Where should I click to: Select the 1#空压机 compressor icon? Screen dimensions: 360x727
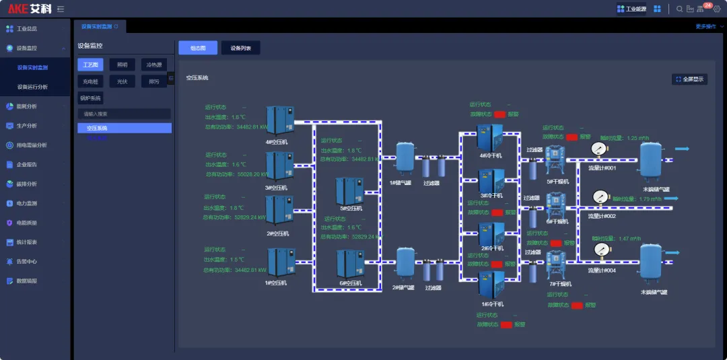pyautogui.click(x=280, y=262)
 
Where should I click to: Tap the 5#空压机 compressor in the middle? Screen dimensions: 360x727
pyautogui.click(x=350, y=190)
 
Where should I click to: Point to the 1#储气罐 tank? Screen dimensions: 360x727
pyautogui.click(x=405, y=157)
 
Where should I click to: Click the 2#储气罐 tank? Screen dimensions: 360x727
pyautogui.click(x=405, y=262)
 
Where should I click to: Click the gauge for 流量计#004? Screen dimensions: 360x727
pyautogui.click(x=599, y=250)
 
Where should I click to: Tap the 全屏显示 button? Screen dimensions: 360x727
pyautogui.click(x=689, y=79)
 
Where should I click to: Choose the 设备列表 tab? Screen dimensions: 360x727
pyautogui.click(x=240, y=48)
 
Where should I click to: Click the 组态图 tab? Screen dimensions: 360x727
pyautogui.click(x=198, y=48)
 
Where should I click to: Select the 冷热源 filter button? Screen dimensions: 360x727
pyautogui.click(x=154, y=65)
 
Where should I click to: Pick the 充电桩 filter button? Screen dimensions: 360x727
pyautogui.click(x=90, y=81)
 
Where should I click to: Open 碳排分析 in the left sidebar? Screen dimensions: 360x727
pyautogui.click(x=27, y=184)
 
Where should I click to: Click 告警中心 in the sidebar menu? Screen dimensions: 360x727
pyautogui.click(x=27, y=261)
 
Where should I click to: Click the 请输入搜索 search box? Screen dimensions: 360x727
pyautogui.click(x=124, y=114)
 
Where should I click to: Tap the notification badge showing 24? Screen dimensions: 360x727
pyautogui.click(x=707, y=6)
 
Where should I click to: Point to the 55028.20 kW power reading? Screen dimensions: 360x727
pyautogui.click(x=252, y=174)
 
